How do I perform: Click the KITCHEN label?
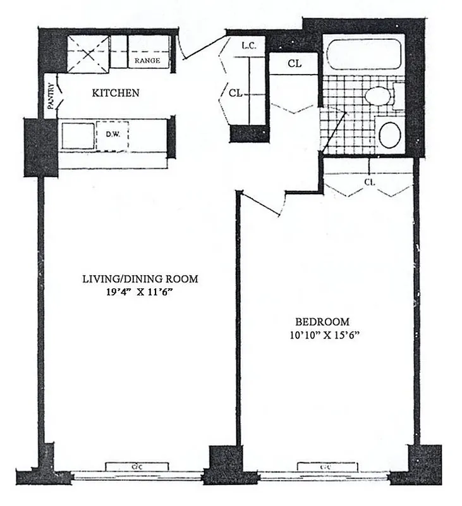[x=116, y=93]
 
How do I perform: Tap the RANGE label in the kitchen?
[x=146, y=61]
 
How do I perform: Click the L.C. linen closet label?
[x=247, y=46]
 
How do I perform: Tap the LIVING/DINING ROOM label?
[x=140, y=278]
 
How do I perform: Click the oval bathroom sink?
[x=390, y=135]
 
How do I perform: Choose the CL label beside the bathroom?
[x=294, y=63]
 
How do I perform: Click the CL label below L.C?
[x=236, y=93]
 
